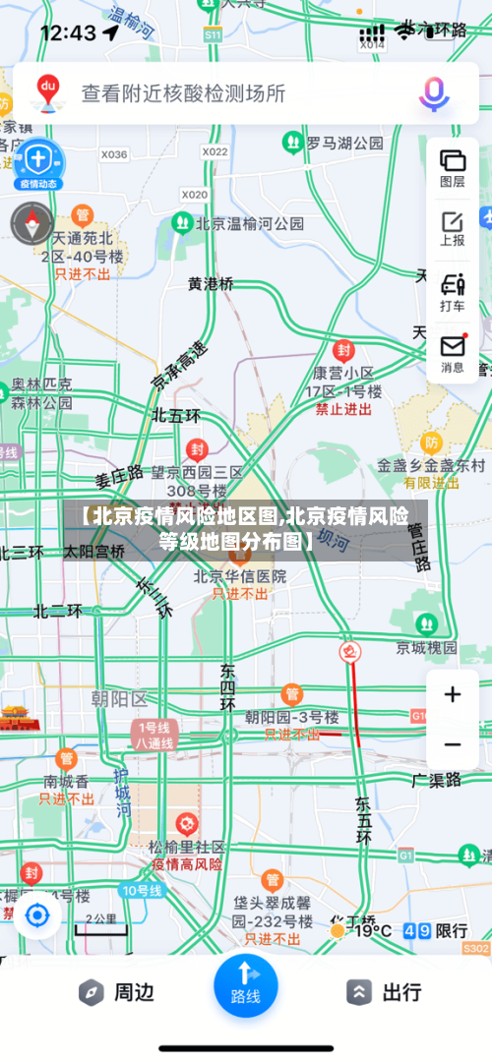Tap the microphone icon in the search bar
tap(434, 93)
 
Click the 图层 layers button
tap(453, 166)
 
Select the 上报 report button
tap(453, 228)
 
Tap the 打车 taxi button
tap(453, 291)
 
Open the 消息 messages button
tap(453, 353)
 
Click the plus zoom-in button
tap(453, 695)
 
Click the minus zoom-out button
tap(453, 744)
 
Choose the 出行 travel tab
tap(385, 992)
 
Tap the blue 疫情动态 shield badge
tap(38, 162)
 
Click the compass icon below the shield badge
tap(31, 223)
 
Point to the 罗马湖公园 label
tap(344, 144)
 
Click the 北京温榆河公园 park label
tap(250, 223)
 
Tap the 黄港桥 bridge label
tap(212, 283)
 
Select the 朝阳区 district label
tap(119, 699)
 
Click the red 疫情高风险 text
tap(187, 865)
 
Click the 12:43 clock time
tap(68, 32)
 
